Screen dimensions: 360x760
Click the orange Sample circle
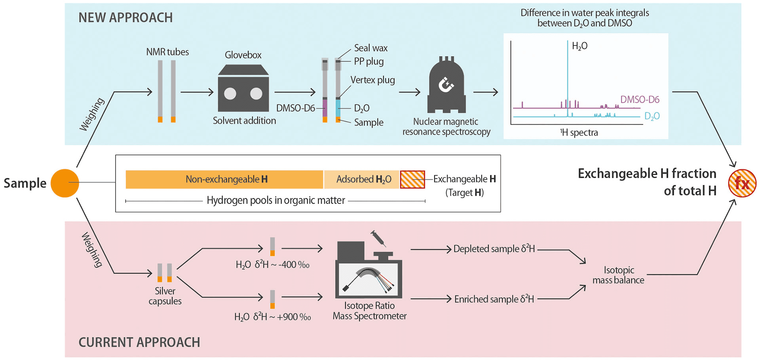click(65, 183)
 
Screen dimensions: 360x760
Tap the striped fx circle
click(742, 183)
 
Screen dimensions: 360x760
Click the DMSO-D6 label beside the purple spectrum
click(640, 99)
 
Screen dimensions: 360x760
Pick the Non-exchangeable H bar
click(224, 179)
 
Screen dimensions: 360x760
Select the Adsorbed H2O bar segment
click(362, 179)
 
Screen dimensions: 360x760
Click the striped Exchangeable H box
click(412, 179)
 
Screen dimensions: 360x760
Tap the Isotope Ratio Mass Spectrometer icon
click(369, 273)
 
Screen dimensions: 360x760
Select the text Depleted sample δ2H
click(494, 249)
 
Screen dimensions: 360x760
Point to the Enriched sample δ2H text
click(494, 299)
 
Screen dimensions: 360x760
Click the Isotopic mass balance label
click(618, 275)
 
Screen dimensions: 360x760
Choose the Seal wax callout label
click(370, 48)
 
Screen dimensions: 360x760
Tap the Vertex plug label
click(372, 80)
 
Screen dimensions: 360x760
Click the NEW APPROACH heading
click(125, 18)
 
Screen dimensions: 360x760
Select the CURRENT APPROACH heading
click(139, 342)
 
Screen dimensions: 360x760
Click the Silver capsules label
click(165, 296)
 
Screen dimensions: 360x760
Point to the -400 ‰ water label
click(272, 265)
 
